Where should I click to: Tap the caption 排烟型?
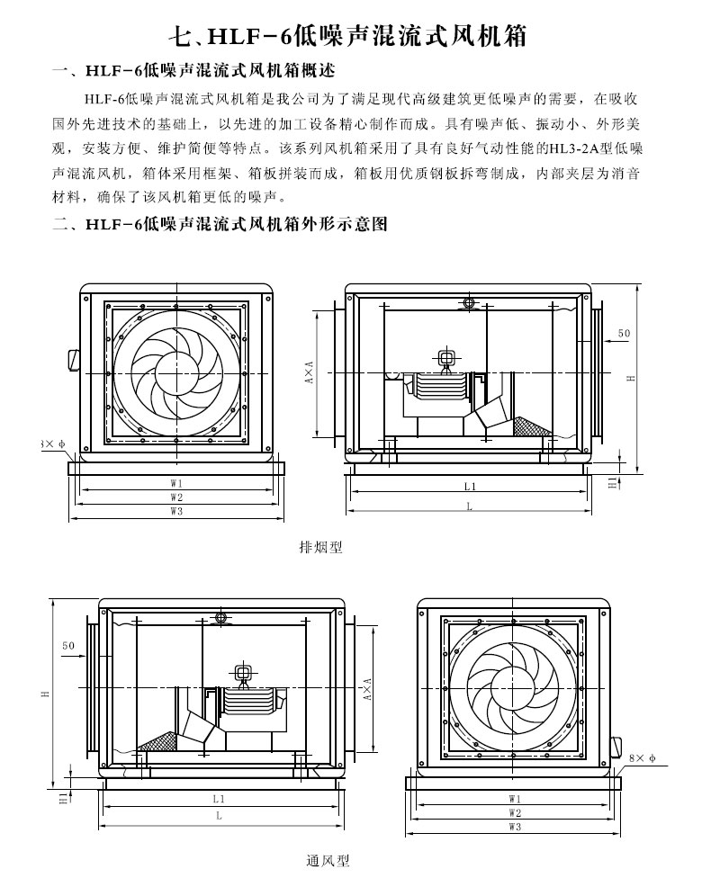coord(320,547)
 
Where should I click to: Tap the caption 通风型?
coord(328,862)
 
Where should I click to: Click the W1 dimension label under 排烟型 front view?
coord(177,484)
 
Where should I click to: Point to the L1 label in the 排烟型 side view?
coord(470,487)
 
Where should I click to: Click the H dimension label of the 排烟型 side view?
coord(631,378)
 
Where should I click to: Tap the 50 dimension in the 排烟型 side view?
coord(624,334)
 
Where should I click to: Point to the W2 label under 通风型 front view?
coord(515,811)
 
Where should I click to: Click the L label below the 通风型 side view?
coord(219,814)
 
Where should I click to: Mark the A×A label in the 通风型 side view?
coord(366,691)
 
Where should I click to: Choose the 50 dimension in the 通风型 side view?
coord(68,646)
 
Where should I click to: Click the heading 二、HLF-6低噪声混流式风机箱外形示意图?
coord(220,225)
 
